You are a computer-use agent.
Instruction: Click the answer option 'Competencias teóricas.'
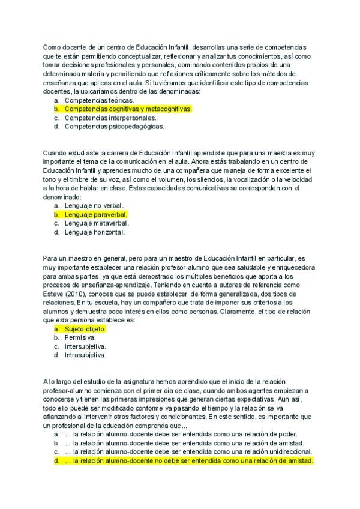click(99, 100)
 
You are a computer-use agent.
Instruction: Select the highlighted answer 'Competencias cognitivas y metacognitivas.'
click(128, 109)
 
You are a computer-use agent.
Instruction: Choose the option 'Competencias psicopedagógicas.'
click(114, 127)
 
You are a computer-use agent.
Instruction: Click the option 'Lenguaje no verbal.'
click(94, 206)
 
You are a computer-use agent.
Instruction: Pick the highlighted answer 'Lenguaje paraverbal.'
click(96, 214)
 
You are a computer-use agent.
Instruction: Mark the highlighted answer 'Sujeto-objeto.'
click(85, 329)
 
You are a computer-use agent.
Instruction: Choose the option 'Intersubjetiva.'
click(85, 346)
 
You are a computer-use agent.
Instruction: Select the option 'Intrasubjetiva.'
click(85, 355)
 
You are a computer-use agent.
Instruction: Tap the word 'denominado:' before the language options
click(62, 197)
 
